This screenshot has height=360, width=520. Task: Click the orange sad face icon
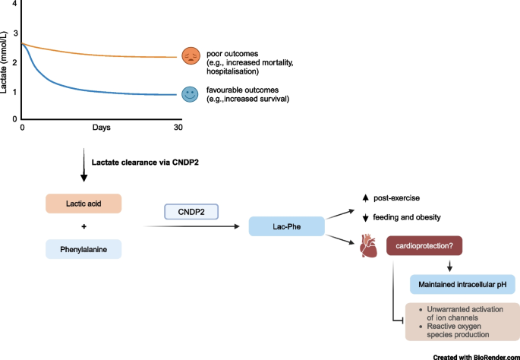pos(190,55)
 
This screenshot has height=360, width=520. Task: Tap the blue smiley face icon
pos(190,94)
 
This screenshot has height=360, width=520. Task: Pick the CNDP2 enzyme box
pos(191,210)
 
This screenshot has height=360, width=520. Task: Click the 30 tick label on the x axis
pos(178,127)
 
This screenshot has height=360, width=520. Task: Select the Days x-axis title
pos(101,127)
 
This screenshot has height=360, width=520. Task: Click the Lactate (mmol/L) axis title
pos(5,68)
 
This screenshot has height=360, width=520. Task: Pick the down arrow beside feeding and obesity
pos(365,218)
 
